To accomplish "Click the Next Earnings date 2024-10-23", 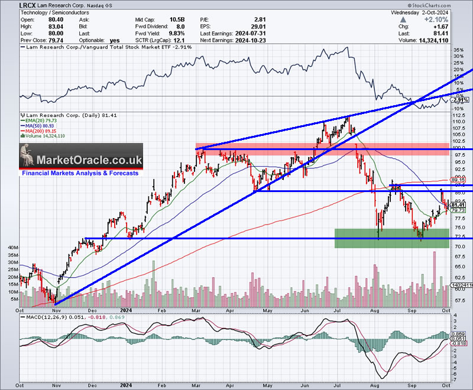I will pyautogui.click(x=248, y=40).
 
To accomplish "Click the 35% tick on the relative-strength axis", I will pyautogui.click(x=459, y=50).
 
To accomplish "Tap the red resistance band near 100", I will pyautogui.click(x=331, y=148).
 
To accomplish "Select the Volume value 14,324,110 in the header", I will pyautogui.click(x=449, y=40).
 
